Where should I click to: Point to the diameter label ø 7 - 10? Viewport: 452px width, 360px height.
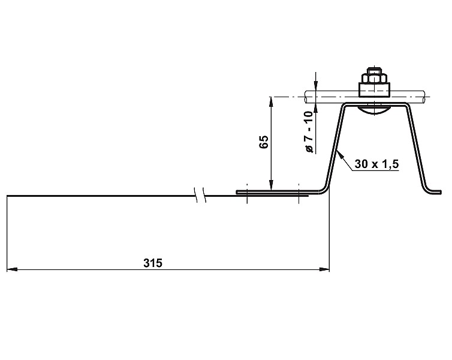pos(309,132)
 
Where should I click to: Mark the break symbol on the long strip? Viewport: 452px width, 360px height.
pos(200,194)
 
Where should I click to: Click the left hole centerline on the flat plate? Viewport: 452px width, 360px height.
pos(246,193)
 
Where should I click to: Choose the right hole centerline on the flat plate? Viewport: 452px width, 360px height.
pos(298,193)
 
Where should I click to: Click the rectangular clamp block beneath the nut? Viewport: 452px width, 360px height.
pos(373,91)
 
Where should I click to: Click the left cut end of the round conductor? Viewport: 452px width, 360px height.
pos(306,97)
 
